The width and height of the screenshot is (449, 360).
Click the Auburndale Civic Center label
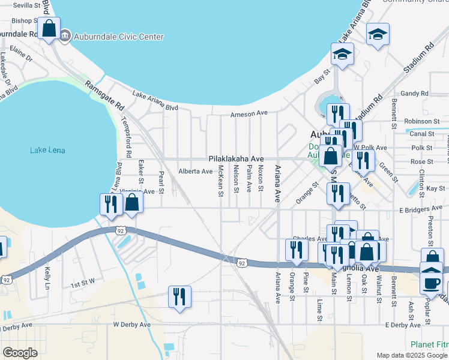118,37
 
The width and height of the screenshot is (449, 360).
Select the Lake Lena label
47,150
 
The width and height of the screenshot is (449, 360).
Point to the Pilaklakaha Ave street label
236,159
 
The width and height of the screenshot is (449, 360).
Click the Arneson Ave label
249,113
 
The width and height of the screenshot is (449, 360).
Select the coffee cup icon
432,282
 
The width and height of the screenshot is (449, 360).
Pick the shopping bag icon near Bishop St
49,28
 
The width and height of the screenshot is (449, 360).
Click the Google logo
20,353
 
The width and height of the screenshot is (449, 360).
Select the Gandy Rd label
415,94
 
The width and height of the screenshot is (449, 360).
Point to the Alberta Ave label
196,172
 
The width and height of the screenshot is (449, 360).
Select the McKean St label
221,181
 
